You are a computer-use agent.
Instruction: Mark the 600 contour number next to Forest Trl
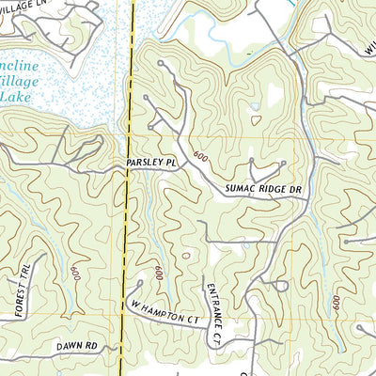coord(73,274)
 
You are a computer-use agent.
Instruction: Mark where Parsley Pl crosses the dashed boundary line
coord(129,162)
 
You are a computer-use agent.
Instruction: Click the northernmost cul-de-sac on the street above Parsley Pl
coord(162,64)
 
